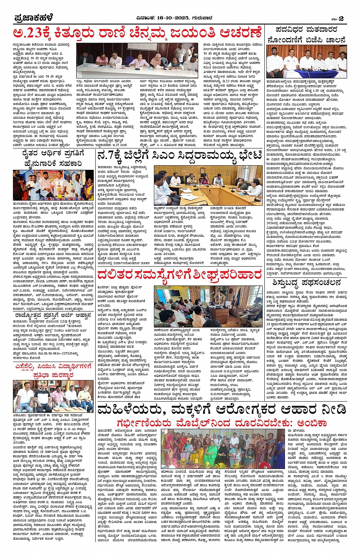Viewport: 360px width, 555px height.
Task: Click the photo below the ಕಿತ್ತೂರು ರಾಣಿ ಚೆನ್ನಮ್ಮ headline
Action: (x=138, y=61)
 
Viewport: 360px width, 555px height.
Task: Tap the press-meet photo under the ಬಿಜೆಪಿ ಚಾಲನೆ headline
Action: (x=306, y=62)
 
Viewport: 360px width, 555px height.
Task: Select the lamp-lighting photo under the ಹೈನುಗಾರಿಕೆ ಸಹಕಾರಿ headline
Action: (x=53, y=185)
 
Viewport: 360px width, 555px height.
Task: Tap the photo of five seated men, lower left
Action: (x=53, y=396)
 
